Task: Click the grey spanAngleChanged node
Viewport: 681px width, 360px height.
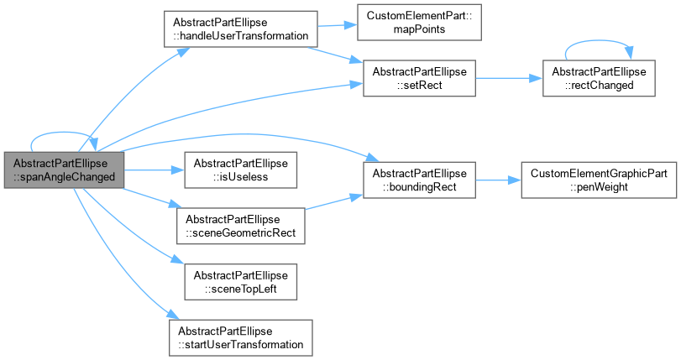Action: click(x=65, y=170)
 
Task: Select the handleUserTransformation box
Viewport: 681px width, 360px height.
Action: click(x=241, y=29)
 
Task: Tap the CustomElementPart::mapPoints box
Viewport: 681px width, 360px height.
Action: click(x=419, y=22)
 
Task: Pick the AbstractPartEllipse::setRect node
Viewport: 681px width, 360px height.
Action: click(x=419, y=78)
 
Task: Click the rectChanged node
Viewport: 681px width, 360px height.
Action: click(x=599, y=78)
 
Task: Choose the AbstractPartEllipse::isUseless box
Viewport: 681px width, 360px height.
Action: click(x=241, y=170)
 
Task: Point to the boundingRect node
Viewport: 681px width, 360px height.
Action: click(x=419, y=180)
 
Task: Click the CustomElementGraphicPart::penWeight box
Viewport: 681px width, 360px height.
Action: click(x=599, y=180)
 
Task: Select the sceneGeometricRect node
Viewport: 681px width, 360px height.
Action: click(x=241, y=226)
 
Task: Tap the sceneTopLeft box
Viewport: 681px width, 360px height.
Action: click(x=241, y=282)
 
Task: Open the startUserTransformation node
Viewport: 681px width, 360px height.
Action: click(x=241, y=338)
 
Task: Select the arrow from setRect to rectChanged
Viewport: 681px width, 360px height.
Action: click(x=509, y=78)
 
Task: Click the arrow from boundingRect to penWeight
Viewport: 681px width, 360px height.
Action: click(x=499, y=180)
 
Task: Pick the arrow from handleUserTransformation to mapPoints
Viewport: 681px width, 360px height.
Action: click(x=338, y=25)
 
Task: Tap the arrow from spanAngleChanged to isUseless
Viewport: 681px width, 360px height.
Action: click(x=155, y=170)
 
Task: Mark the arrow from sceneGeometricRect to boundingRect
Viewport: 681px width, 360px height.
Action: click(x=334, y=202)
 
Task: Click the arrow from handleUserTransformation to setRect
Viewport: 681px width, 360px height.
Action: click(x=335, y=55)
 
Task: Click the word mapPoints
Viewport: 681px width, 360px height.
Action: click(x=419, y=29)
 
